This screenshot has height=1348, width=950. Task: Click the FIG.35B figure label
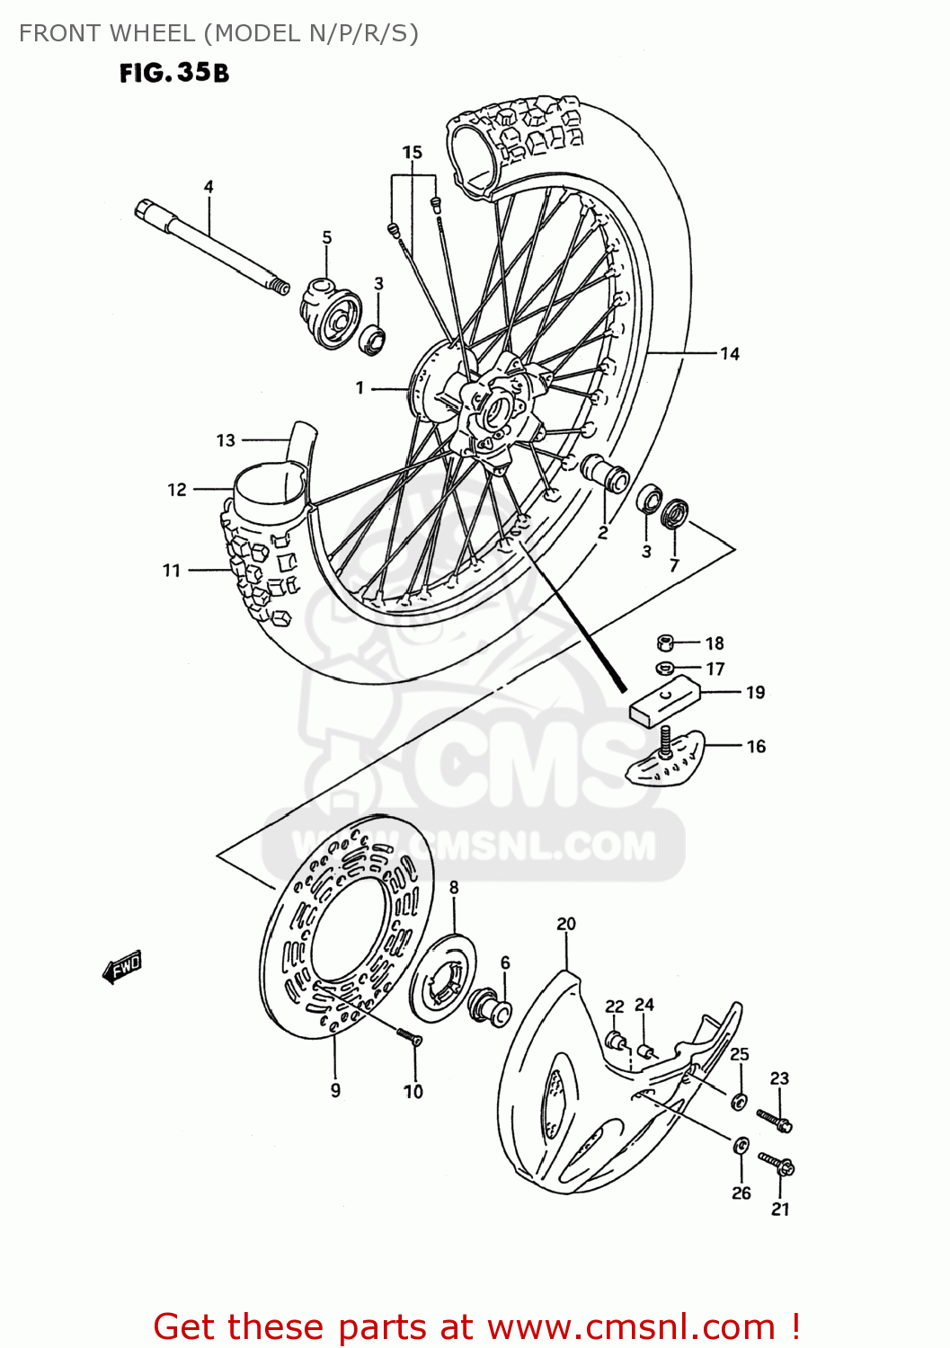click(x=174, y=73)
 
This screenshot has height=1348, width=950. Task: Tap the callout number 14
click(x=729, y=354)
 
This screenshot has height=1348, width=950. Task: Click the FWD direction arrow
click(x=123, y=968)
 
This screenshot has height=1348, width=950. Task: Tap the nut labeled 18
click(x=665, y=643)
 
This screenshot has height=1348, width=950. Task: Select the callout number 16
click(x=756, y=746)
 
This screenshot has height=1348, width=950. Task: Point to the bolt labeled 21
click(x=777, y=1165)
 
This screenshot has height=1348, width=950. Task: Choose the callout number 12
click(x=177, y=490)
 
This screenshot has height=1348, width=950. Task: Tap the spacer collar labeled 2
click(x=606, y=473)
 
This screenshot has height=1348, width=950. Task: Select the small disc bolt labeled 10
click(x=410, y=1037)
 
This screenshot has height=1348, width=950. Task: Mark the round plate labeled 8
click(x=443, y=979)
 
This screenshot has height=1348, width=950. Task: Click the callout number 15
click(x=412, y=152)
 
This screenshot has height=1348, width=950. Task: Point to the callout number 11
click(x=172, y=571)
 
